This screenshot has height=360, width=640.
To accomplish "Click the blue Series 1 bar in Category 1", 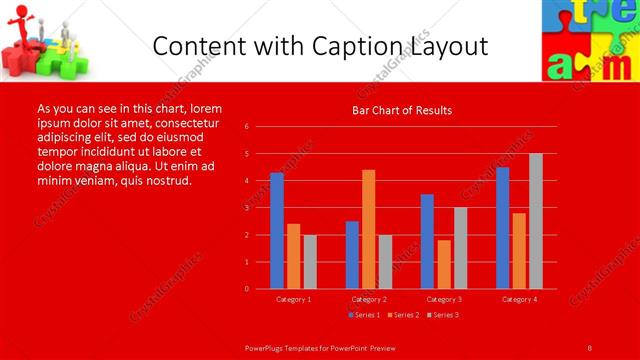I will (x=277, y=231).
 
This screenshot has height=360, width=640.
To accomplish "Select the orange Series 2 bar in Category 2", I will (x=369, y=229).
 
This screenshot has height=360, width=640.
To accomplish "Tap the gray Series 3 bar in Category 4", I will (x=536, y=221).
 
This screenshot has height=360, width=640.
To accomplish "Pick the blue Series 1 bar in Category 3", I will (x=427, y=241).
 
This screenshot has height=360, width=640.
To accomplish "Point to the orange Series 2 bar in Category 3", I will (x=444, y=264).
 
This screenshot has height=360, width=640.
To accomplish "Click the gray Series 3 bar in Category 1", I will (x=310, y=262).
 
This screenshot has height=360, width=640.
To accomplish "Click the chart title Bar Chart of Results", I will (x=402, y=110).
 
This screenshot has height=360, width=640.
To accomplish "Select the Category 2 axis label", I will (x=369, y=299).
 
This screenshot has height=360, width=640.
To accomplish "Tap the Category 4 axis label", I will (x=519, y=299).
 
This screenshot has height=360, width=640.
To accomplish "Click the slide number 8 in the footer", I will (x=589, y=347).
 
